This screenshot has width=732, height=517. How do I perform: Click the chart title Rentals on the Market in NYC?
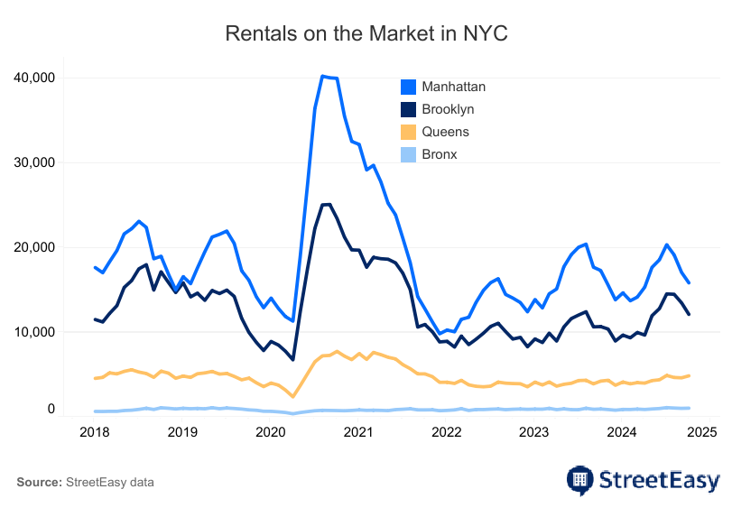[366, 34]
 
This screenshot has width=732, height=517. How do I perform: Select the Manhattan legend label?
[454, 87]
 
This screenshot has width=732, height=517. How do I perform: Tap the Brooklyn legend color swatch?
[408, 109]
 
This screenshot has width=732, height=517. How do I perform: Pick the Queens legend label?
[445, 132]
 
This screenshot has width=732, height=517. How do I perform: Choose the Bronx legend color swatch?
[408, 154]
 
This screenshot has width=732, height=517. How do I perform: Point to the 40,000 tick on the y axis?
[35, 78]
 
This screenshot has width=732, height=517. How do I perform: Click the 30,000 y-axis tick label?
[35, 162]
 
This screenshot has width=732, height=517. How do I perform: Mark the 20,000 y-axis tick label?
[35, 247]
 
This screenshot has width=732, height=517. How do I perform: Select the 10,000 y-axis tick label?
[35, 332]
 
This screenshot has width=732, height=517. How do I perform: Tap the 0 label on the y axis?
[51, 409]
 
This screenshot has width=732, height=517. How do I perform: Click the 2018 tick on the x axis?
[95, 432]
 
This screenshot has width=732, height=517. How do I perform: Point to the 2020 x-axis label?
[271, 432]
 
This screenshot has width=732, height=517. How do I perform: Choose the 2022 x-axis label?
[446, 432]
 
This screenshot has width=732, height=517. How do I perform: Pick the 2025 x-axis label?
[701, 432]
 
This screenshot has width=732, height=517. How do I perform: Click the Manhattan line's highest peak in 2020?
[322, 77]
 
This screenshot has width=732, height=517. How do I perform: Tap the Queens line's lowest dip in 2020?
[293, 396]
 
